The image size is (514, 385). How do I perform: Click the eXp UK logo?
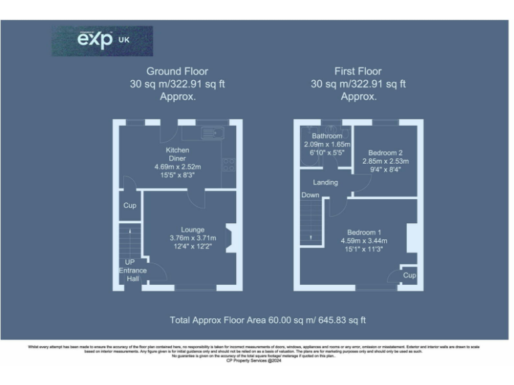(102, 40)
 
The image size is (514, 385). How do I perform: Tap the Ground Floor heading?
(177, 71)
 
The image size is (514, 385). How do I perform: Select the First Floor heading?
(358, 71)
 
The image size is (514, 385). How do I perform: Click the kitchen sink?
(213, 132)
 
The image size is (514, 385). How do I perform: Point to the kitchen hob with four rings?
(229, 164)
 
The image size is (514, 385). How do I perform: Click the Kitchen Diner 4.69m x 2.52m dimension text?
(178, 166)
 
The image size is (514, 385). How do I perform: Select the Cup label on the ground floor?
(130, 205)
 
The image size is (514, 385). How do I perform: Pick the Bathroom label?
(322, 136)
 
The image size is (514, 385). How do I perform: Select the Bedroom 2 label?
(385, 152)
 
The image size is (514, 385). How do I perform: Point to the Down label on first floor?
(310, 195)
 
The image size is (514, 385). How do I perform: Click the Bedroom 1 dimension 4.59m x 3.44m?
(365, 241)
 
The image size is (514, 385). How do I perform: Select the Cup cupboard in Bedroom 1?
(410, 275)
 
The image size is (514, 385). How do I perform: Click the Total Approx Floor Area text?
(268, 321)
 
